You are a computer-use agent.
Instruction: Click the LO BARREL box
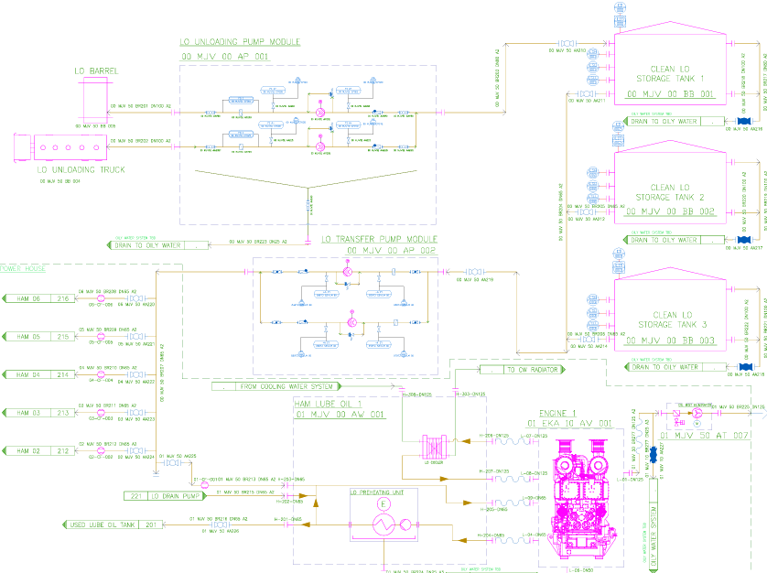click(97, 96)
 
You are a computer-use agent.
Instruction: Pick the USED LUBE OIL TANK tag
click(113, 525)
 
